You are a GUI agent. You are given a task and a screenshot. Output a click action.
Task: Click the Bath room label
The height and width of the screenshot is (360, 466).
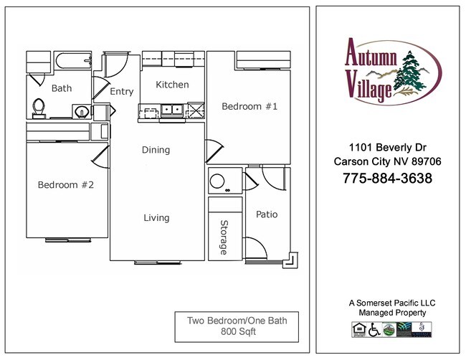coord(62,89)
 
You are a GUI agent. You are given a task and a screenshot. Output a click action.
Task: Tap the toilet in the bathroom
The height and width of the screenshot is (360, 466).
coord(39,108)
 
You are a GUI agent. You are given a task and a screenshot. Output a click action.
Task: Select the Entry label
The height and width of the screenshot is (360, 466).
coord(122,92)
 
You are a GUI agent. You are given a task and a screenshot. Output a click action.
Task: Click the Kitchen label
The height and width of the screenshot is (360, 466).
coord(173,85)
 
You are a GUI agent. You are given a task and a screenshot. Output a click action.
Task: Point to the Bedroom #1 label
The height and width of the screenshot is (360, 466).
coord(249,106)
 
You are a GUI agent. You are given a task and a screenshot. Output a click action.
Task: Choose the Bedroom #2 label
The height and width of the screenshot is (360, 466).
coord(66,185)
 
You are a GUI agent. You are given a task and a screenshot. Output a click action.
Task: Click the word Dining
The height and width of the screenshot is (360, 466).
coord(156,150)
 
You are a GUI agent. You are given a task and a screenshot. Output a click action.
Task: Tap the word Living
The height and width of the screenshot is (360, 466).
coord(156,218)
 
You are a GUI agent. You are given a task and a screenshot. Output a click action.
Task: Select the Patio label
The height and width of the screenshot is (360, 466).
coord(266,214)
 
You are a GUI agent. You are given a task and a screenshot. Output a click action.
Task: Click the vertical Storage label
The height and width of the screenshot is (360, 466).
coord(224,237)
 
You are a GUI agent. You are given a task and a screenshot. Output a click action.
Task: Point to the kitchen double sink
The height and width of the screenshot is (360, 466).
coord(172,110)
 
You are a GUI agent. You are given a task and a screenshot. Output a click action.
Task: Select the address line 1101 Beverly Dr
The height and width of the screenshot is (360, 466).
coord(387,148)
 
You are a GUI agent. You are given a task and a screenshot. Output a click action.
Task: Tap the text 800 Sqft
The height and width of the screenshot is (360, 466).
coord(237,332)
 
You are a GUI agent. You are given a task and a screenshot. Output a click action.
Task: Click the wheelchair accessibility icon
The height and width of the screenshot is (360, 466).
coord(374,329)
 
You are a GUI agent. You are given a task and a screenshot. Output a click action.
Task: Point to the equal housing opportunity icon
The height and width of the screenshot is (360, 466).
coord(359,329)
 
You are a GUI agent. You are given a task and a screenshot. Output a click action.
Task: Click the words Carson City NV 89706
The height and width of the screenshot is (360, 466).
coord(387,161)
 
